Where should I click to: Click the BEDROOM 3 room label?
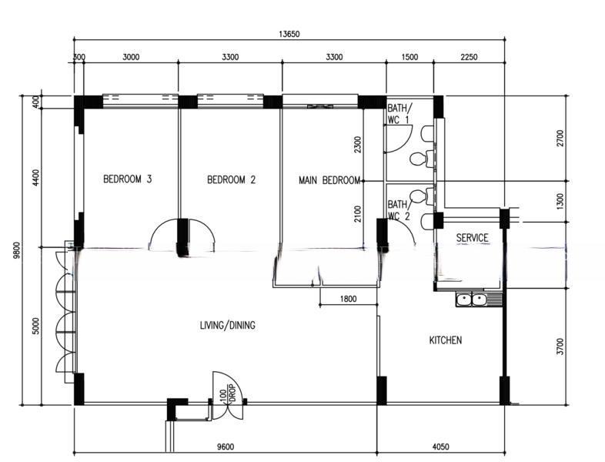(128, 179)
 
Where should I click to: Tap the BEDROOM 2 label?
(231, 180)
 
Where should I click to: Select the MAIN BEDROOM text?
(329, 180)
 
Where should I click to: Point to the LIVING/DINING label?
(228, 326)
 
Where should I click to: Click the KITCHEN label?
(446, 340)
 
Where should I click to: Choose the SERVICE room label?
(473, 238)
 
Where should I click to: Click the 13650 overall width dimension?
(289, 34)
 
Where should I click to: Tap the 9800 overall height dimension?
(16, 250)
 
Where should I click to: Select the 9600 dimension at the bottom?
(226, 447)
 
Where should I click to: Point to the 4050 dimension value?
(440, 447)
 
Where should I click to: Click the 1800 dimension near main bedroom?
(349, 299)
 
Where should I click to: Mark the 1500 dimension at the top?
(409, 57)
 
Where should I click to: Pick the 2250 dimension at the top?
(469, 57)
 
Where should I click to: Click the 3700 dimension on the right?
(560, 346)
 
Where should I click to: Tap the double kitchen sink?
(472, 300)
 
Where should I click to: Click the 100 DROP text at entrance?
(228, 395)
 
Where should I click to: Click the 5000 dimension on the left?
(36, 326)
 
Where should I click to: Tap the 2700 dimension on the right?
(560, 138)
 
